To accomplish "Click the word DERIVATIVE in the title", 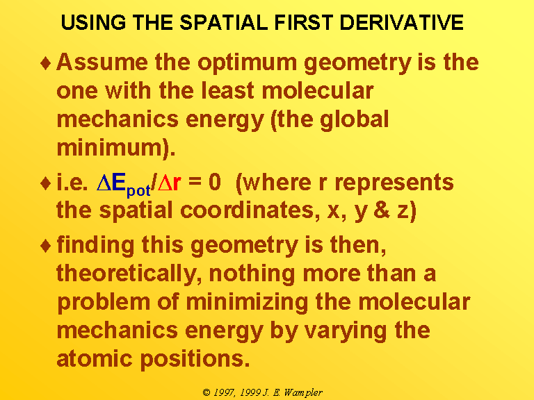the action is coord(401,22).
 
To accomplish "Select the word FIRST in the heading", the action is coord(303,22).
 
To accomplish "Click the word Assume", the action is coord(102,62).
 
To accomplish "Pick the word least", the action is coord(227,90).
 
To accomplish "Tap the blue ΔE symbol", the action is coord(111,183).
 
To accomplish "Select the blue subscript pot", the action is coord(138,190).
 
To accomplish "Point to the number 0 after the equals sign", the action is coord(215,183).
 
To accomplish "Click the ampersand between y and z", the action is coord(382,210).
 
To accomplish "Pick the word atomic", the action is coord(95,359).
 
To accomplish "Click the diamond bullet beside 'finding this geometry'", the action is coord(45,246).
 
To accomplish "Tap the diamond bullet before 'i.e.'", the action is coord(45,183).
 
